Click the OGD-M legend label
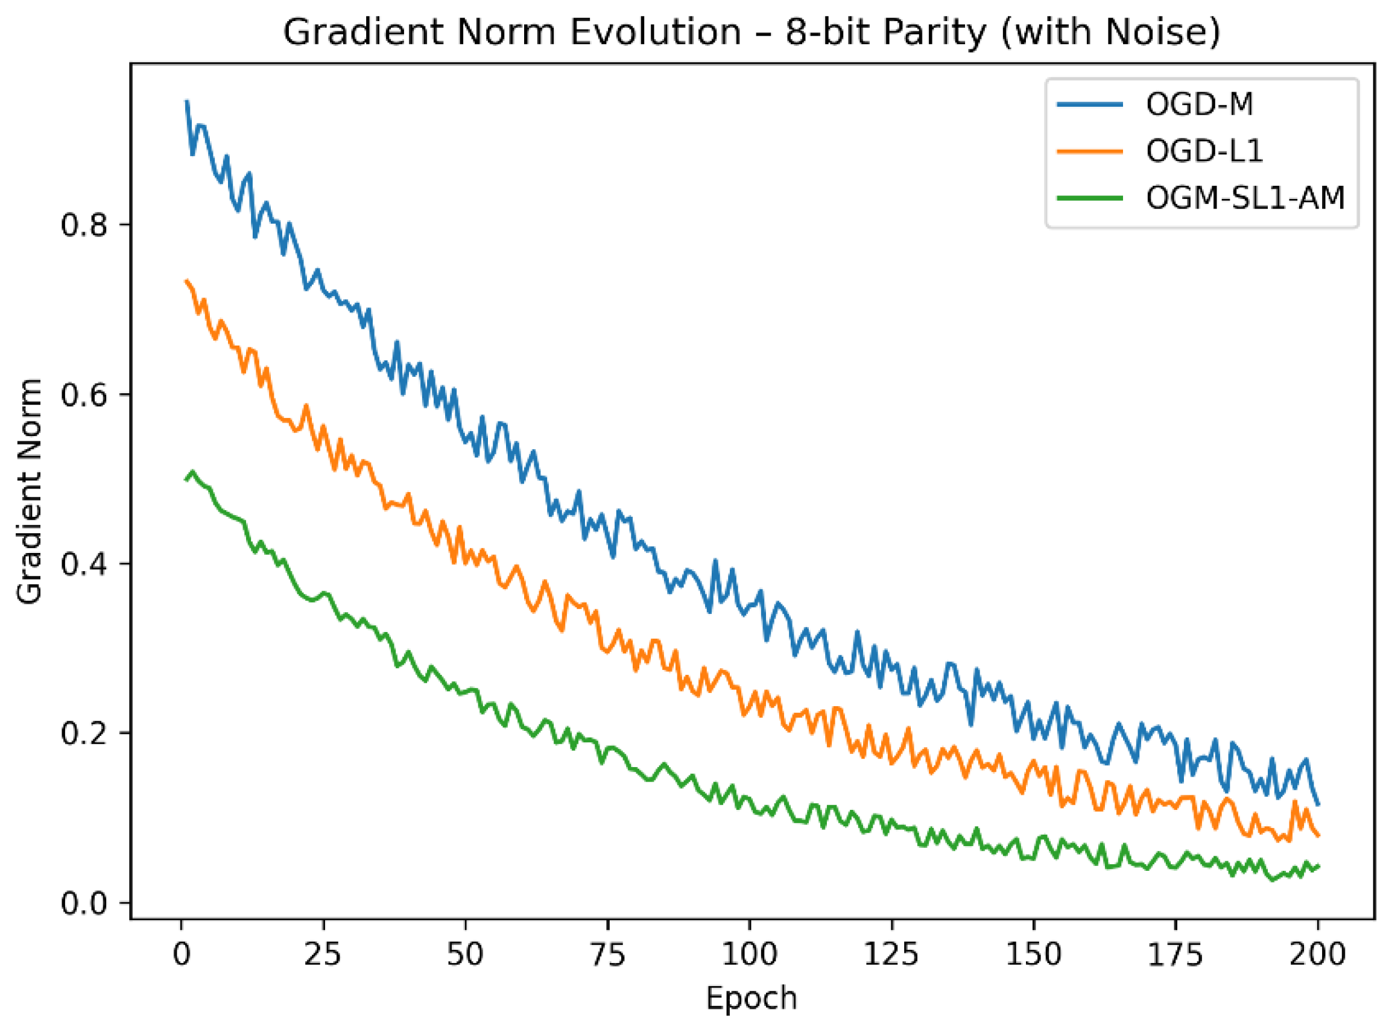point(1199,104)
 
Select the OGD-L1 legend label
point(1204,151)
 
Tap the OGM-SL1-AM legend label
point(1245,198)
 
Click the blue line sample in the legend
point(1090,104)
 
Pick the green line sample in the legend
point(1090,198)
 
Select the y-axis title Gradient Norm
point(29,491)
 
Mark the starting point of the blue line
point(186,101)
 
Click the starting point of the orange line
point(186,281)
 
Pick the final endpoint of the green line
point(1318,866)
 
